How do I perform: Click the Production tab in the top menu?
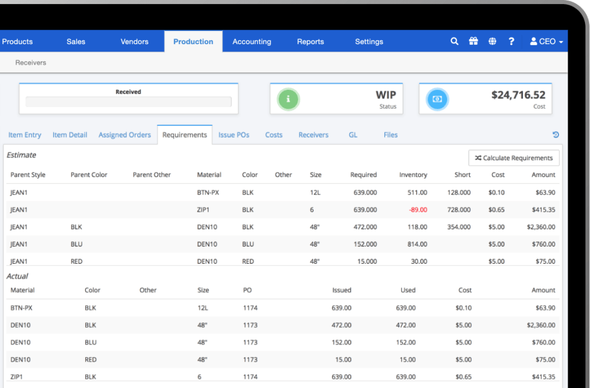[193, 42]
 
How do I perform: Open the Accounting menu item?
[251, 42]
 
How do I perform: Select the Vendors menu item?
[134, 42]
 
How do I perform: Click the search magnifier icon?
[454, 41]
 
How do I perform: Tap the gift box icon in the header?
[473, 41]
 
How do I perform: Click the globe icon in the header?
[492, 41]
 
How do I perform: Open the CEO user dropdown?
[546, 42]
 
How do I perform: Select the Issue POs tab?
[234, 135]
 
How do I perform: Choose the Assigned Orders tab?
[124, 135]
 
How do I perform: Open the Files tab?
[390, 135]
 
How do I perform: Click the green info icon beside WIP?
[288, 99]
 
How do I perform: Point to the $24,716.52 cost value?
[518, 95]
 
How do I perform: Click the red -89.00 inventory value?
[418, 210]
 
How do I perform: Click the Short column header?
[462, 175]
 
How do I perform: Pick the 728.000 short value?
[458, 210]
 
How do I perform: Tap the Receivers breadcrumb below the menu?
[31, 62]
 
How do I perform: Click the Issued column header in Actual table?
[341, 290]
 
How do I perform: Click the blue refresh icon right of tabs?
[555, 135]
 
